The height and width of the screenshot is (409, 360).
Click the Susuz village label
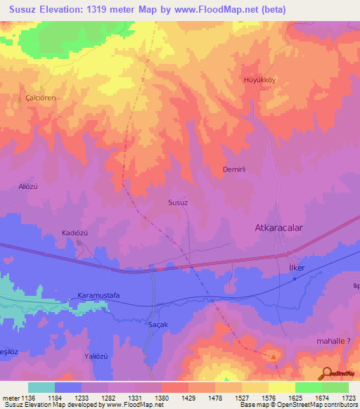point(178,202)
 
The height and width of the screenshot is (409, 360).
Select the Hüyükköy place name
point(259,79)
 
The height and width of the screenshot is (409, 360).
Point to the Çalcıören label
point(40,98)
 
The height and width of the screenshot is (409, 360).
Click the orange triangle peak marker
point(273,356)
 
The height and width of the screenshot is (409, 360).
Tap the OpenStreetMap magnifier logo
point(326,373)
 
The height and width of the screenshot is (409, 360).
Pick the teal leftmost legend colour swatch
point(41,387)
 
